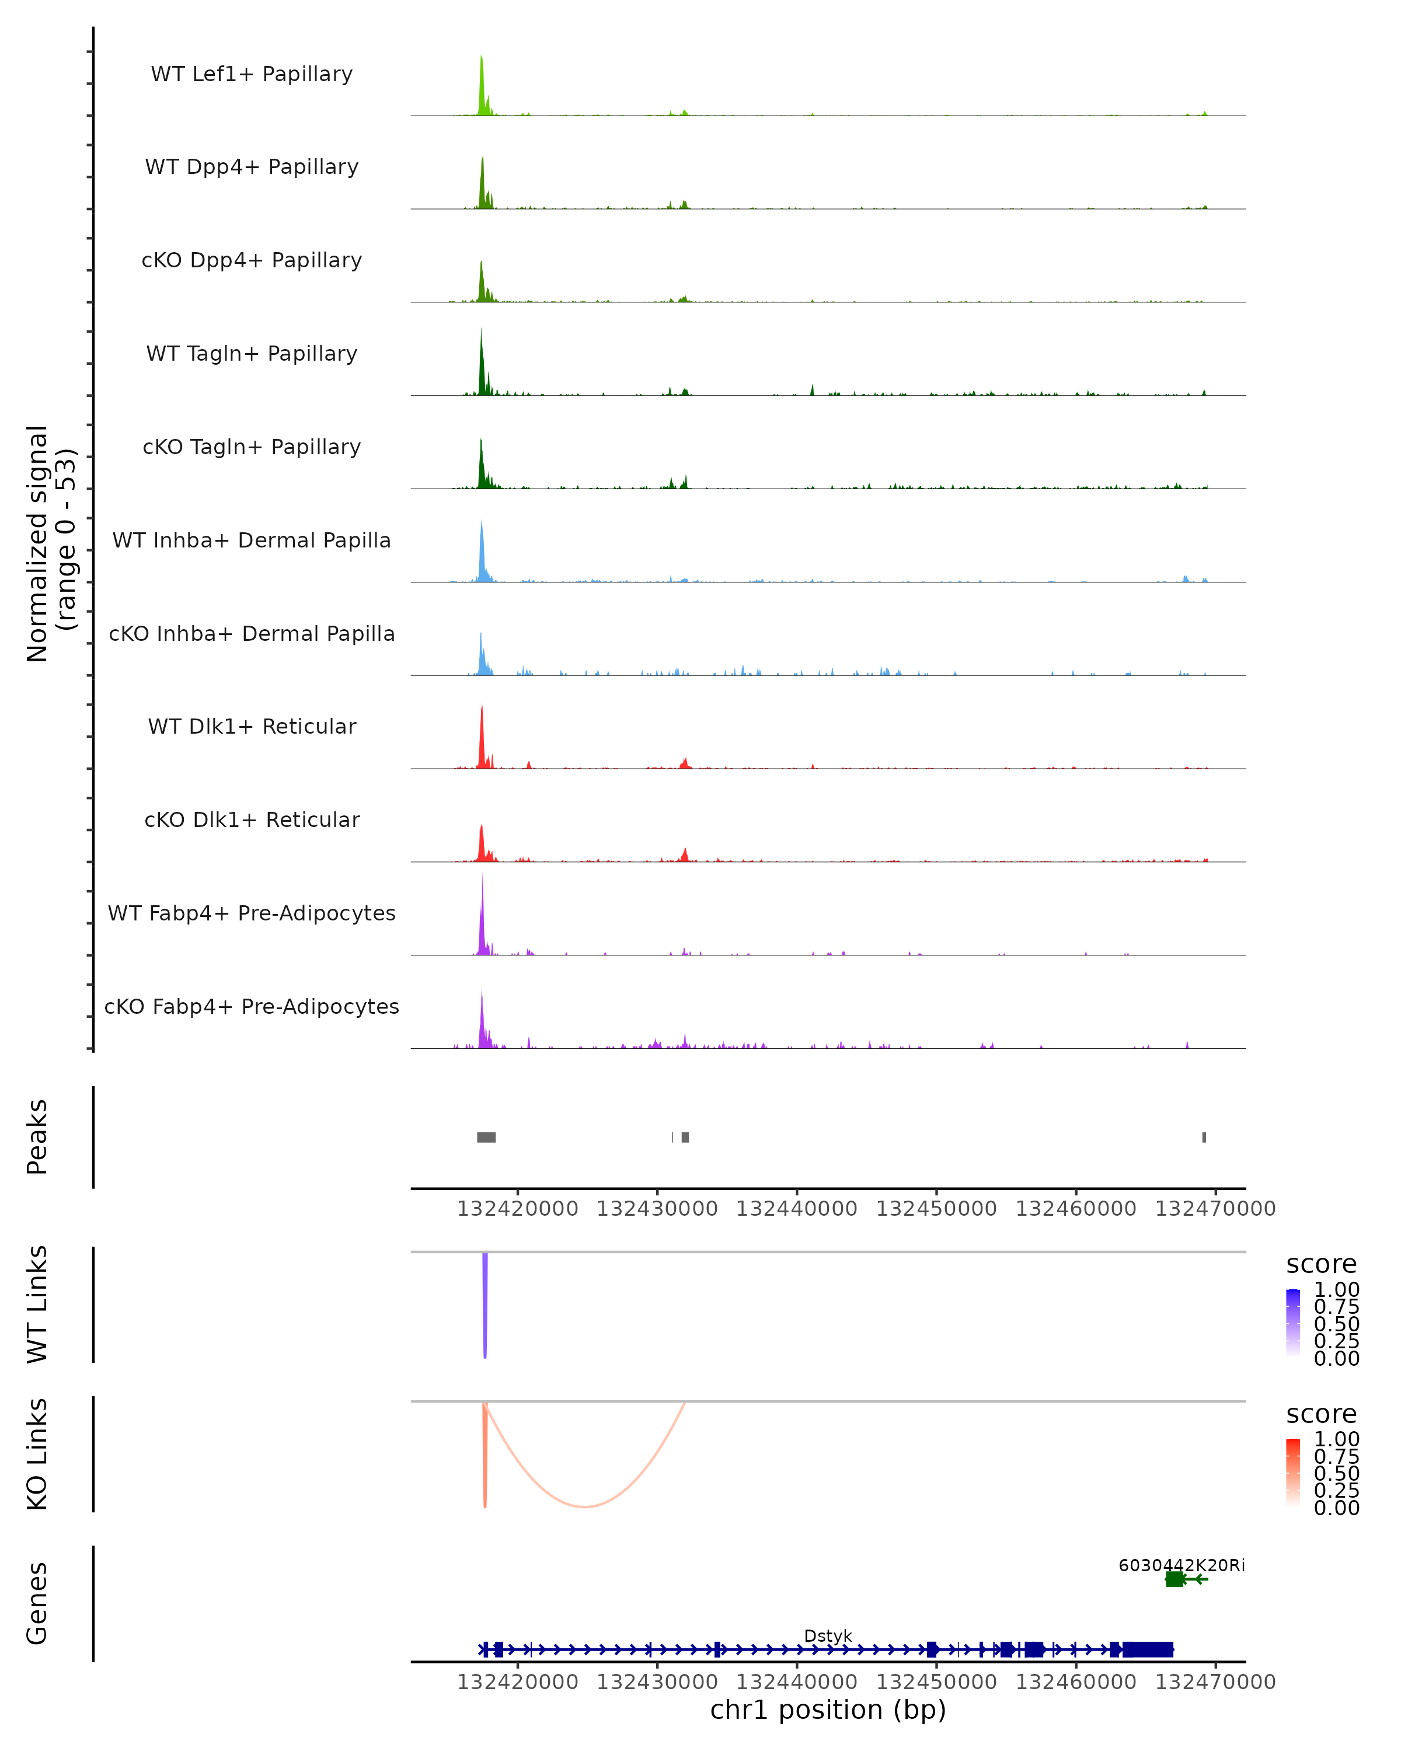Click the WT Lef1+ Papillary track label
coord(252,74)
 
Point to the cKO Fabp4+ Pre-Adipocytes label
coord(252,1006)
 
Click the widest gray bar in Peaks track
coord(486,1137)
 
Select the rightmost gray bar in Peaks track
coord(1204,1137)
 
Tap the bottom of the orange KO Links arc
coord(585,1506)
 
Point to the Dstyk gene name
coord(828,1635)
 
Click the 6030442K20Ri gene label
coord(1181,1565)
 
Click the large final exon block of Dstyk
coord(1148,1649)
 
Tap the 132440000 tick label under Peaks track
coord(797,1209)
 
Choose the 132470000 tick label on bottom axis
coord(1215,1682)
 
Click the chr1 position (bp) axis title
coord(828,1710)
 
